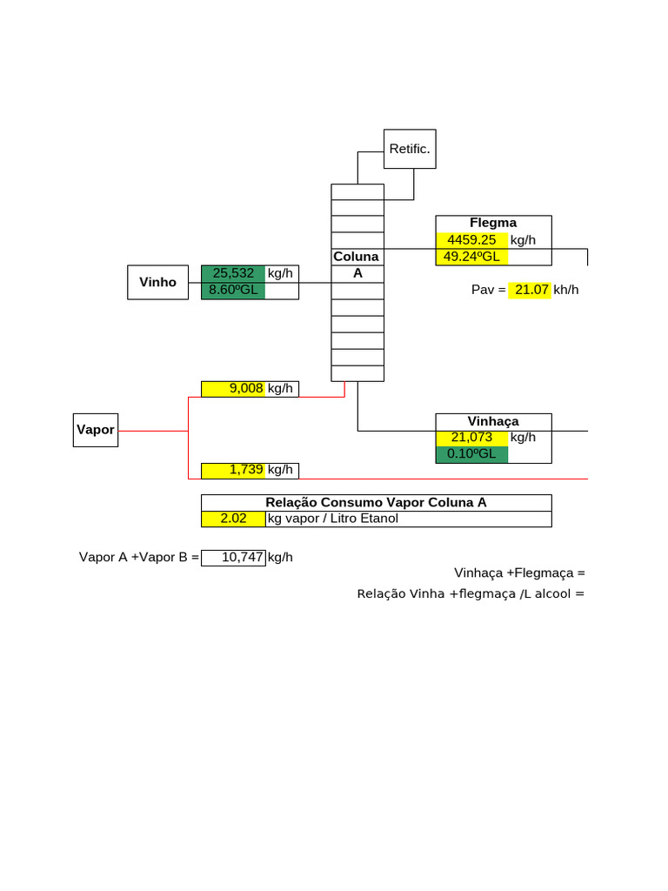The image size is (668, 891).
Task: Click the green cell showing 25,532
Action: coord(233,273)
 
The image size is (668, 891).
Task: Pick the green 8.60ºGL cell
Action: coord(233,291)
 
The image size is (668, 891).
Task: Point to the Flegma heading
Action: coord(493,223)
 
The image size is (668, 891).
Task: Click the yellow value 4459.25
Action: coord(471,240)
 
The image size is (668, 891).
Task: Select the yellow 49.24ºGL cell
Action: coord(471,257)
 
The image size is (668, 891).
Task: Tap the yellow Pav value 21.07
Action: coord(530,290)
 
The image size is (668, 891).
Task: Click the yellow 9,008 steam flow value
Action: coord(233,389)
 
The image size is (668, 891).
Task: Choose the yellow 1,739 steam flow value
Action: coord(233,471)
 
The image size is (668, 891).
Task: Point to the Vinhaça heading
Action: coord(493,421)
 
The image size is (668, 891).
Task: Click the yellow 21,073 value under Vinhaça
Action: coord(471,438)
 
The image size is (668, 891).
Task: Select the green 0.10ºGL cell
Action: coord(471,454)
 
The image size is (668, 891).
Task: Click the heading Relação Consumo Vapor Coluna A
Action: coord(376,502)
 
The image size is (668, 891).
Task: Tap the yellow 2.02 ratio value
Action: coord(233,519)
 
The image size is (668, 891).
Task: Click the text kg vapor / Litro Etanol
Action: coord(333,519)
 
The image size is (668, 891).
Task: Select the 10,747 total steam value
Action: coord(233,558)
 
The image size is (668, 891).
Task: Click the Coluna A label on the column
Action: coord(357,265)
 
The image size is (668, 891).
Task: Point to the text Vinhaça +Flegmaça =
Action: coord(519,573)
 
